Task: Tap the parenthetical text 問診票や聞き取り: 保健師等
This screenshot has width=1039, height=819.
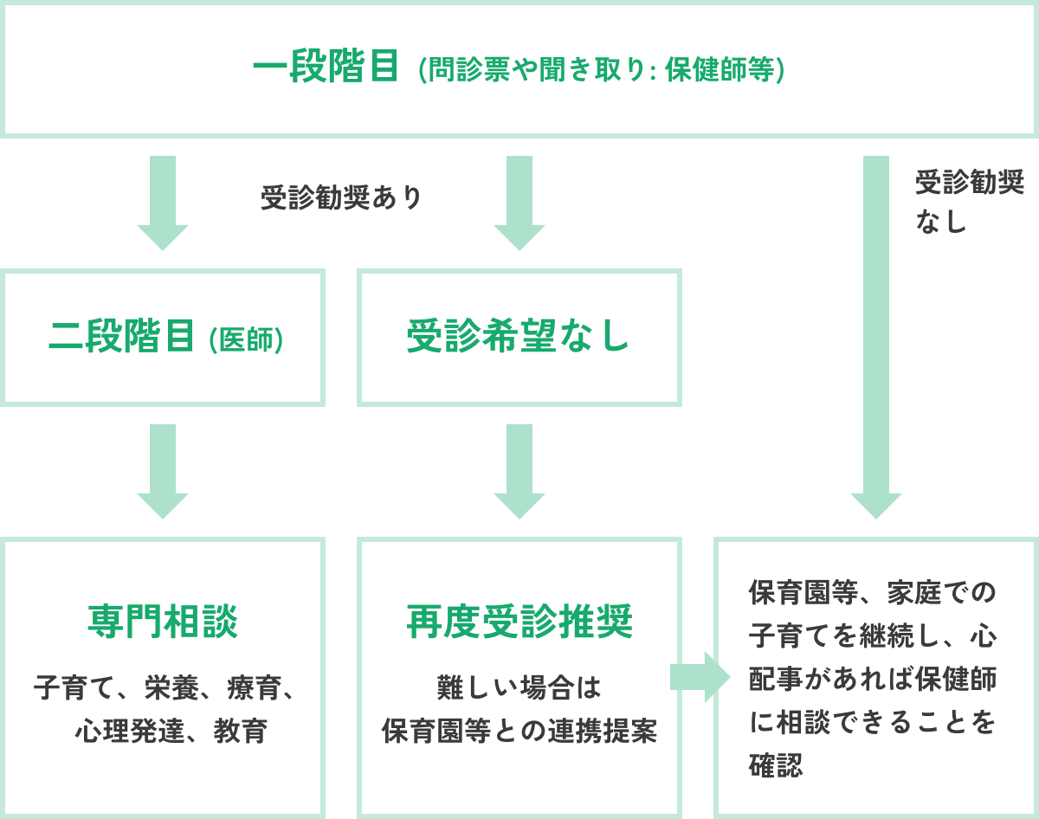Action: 602,70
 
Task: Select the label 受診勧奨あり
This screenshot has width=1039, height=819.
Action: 341,197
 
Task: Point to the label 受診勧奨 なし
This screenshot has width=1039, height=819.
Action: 969,201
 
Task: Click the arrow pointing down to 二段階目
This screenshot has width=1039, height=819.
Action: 163,203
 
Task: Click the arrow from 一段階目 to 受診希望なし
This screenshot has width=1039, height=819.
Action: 519,203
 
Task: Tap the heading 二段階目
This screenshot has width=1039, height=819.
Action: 122,337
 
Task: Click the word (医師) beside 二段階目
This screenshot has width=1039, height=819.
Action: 247,339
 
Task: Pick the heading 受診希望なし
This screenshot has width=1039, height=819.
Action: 519,337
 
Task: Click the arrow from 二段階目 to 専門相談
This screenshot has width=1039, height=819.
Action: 163,471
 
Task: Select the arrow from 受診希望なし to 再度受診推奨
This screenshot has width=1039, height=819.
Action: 519,471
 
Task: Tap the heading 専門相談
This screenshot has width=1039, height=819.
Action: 163,621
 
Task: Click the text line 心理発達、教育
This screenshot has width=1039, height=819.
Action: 171,732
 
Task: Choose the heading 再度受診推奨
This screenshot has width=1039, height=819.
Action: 519,621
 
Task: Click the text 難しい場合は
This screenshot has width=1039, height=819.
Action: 519,688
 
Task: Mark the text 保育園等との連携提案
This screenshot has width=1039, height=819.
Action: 519,732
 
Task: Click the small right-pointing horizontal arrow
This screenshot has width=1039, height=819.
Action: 700,677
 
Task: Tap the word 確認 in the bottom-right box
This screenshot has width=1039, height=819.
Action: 776,765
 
